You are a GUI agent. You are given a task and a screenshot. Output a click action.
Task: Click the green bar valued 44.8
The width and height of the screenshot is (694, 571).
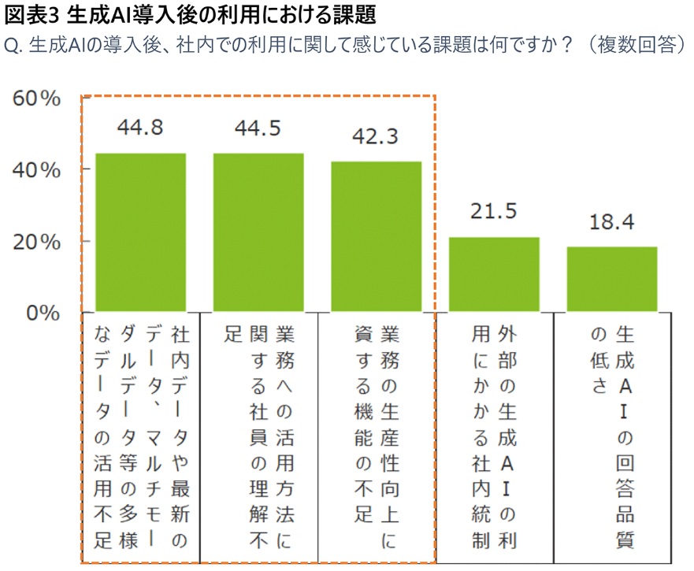(140, 232)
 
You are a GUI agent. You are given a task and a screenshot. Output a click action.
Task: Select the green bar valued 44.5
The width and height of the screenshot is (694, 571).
(258, 232)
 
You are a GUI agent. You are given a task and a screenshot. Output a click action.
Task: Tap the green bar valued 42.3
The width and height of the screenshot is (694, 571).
(376, 235)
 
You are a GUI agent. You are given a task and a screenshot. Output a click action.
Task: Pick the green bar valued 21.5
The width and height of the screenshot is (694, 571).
(494, 273)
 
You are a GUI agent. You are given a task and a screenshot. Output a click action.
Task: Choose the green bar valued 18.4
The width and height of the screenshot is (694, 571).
(611, 279)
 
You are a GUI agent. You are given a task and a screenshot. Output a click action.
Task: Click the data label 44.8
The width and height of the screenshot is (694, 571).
(140, 128)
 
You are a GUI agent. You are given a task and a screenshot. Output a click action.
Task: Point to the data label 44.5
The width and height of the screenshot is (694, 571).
(258, 128)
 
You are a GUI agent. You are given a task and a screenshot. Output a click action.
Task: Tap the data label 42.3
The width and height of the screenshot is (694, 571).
(376, 136)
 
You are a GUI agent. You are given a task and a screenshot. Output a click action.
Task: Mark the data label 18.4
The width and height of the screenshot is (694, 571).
(611, 222)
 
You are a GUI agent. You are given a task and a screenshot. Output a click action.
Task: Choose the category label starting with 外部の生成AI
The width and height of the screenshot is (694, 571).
(494, 437)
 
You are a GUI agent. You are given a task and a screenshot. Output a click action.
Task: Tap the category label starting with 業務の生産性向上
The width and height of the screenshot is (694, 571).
(376, 437)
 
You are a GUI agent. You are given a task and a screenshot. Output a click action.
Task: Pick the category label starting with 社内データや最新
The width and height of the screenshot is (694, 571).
(140, 437)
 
